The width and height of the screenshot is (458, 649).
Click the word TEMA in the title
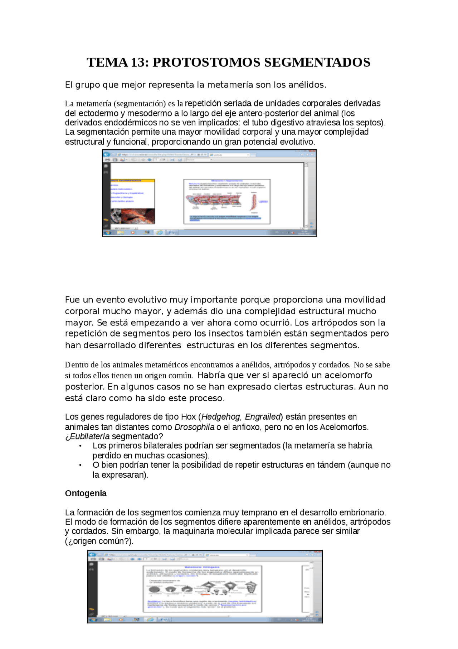pos(107,62)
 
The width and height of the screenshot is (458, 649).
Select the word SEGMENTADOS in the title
pos(317,62)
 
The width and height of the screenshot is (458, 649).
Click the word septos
pos(372,123)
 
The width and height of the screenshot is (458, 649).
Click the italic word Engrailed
pos(263,417)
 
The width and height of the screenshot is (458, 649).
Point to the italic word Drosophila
pos(194,427)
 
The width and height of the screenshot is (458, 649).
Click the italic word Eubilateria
pos(90,436)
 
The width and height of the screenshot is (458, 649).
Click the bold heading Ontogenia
pos(86,493)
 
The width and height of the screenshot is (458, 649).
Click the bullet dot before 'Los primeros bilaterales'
pos(81,446)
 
